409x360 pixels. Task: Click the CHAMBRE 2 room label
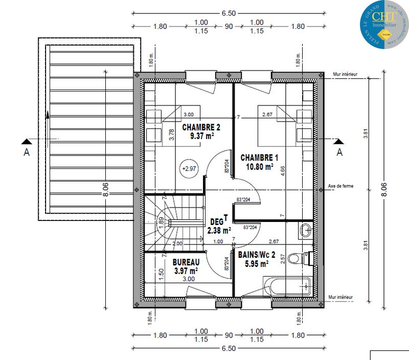187,127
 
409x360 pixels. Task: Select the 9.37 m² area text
187,136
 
